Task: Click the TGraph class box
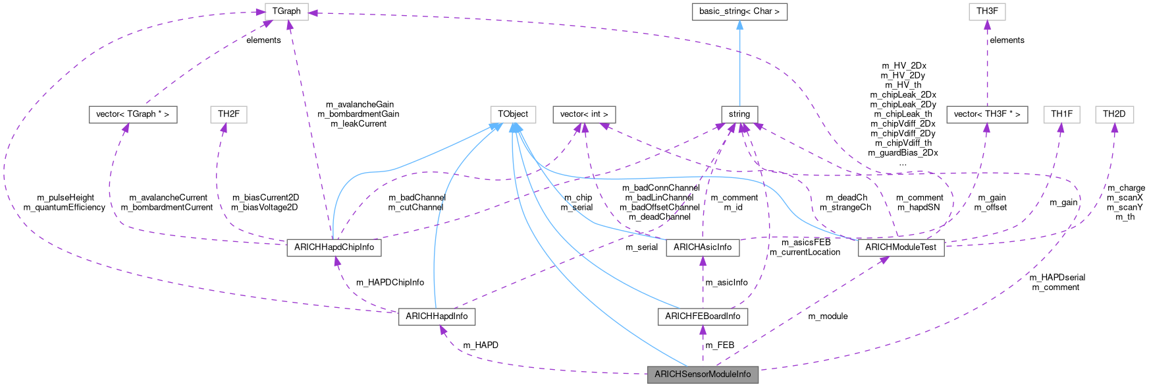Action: point(286,11)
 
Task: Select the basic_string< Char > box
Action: point(739,11)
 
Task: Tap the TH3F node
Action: point(986,11)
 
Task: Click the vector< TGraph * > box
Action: point(132,114)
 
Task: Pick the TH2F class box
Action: point(228,114)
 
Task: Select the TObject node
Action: point(512,114)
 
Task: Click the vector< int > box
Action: point(583,114)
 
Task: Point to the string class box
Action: point(739,114)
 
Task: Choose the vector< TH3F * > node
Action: point(986,114)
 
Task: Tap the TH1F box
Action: point(1061,114)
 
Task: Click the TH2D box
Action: point(1114,114)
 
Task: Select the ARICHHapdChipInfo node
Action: point(334,247)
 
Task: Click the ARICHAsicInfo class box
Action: point(703,247)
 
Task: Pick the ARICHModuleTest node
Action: point(900,247)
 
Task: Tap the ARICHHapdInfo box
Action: point(437,316)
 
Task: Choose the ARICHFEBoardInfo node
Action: point(703,316)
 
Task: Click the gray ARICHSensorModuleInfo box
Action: point(703,374)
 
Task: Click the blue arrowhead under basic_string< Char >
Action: point(739,25)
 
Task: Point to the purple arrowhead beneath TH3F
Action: point(986,25)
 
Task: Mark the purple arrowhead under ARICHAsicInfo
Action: point(703,262)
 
